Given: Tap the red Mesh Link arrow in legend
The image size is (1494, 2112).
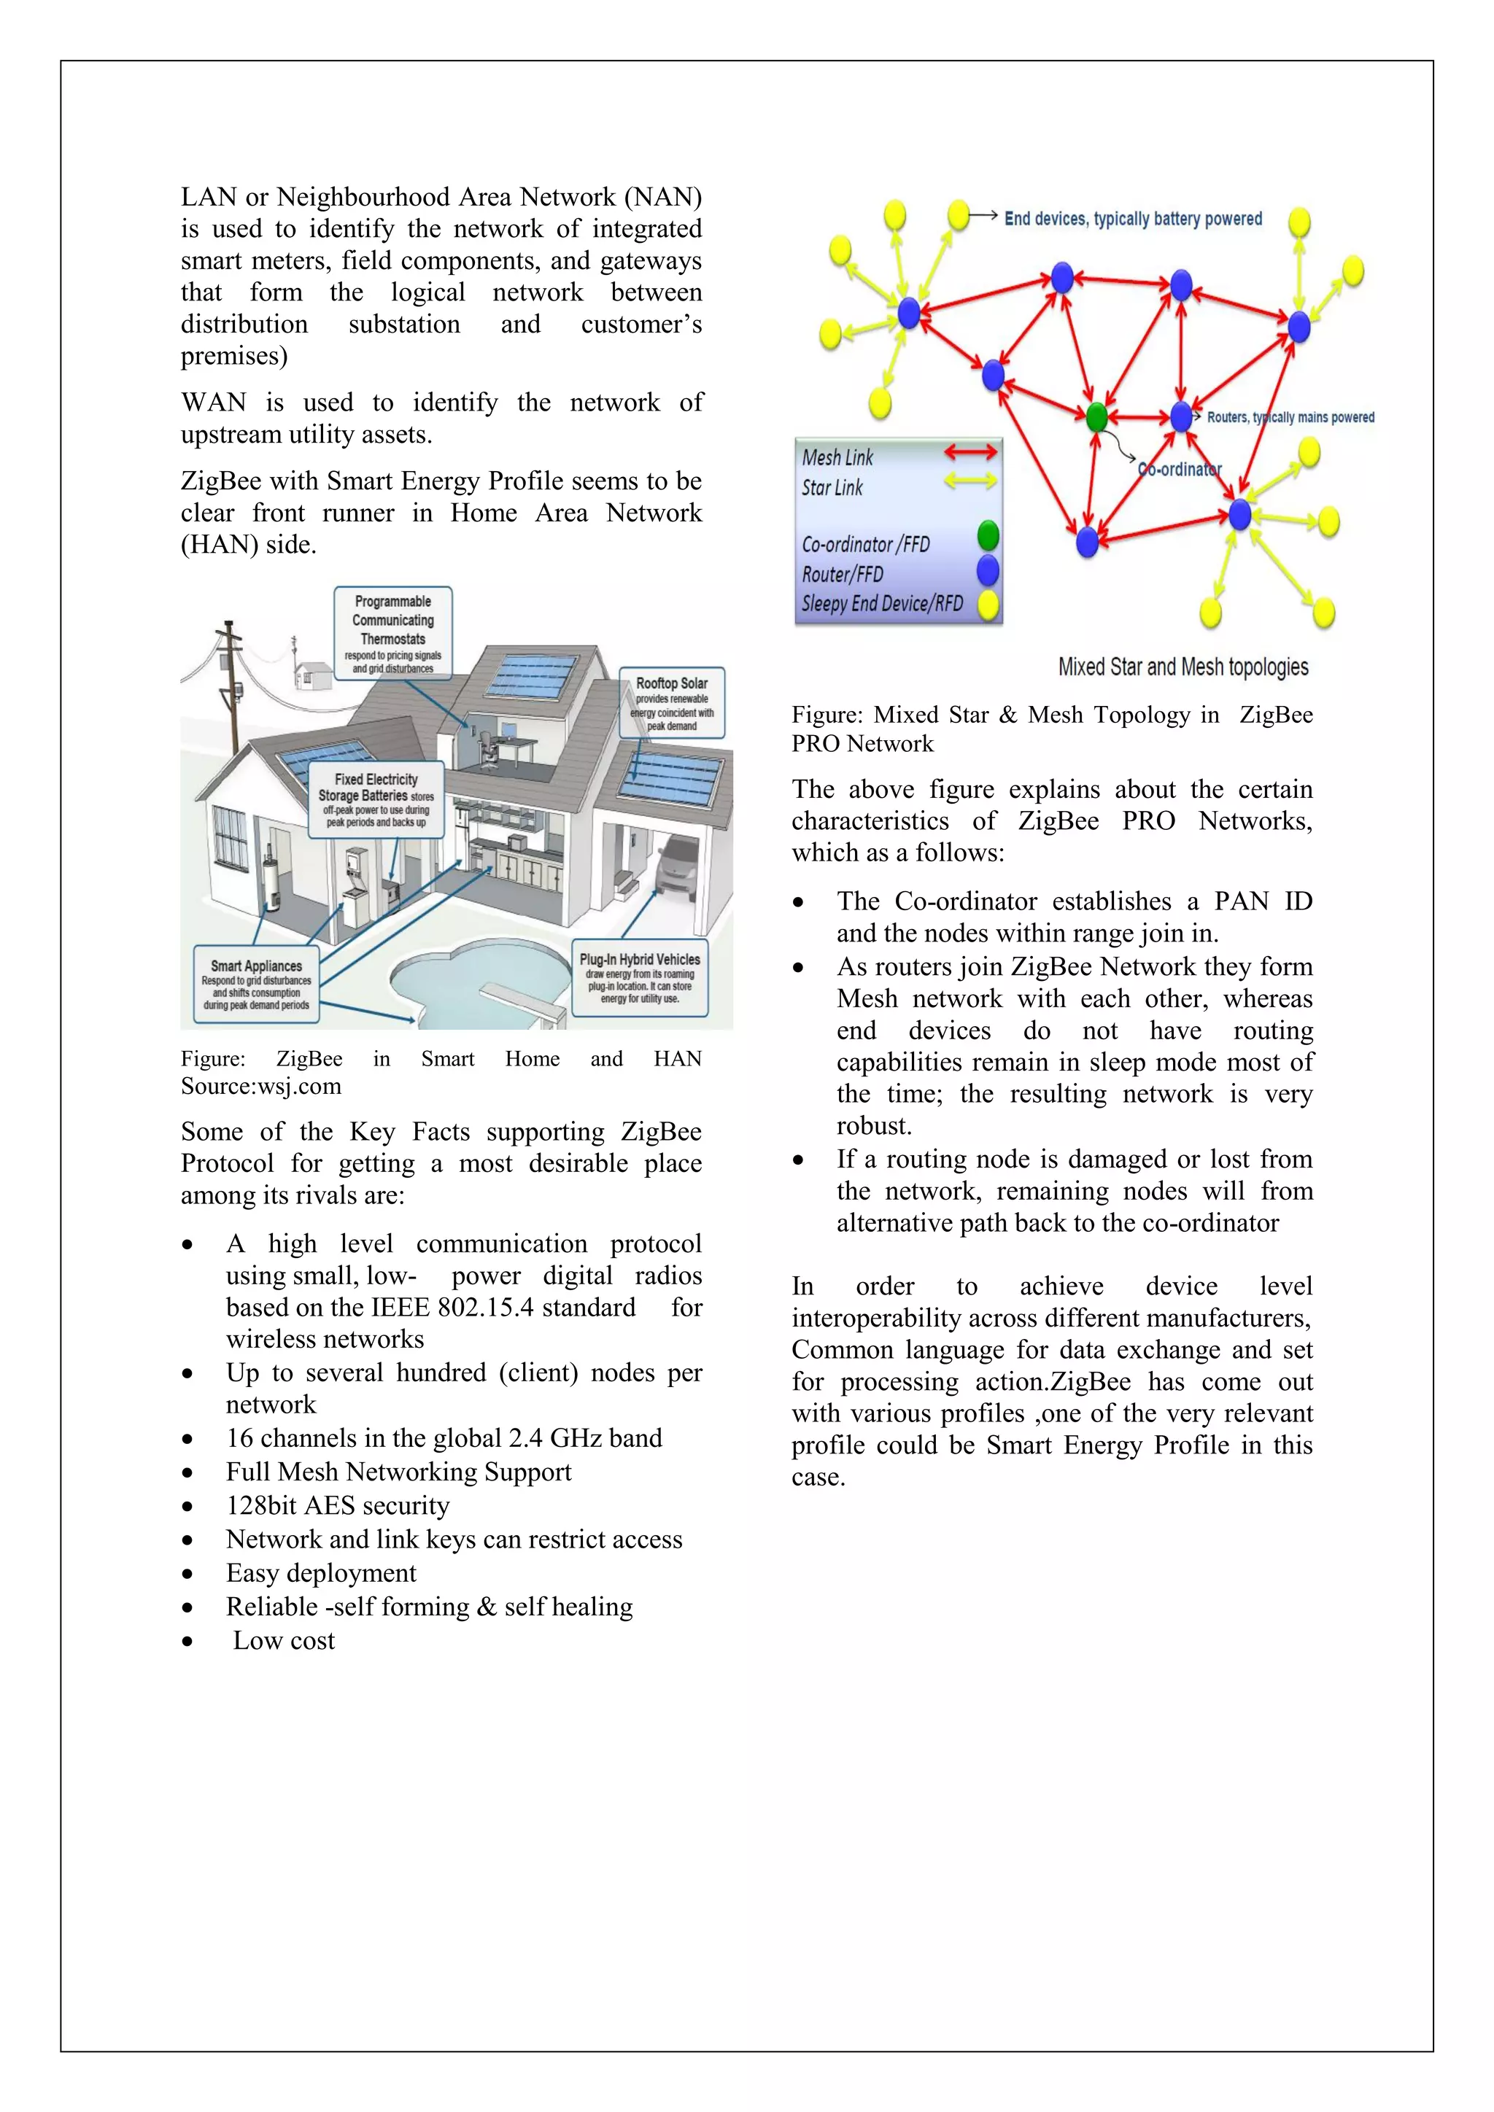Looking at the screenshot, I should point(970,451).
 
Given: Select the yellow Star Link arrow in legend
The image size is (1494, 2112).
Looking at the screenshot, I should point(970,480).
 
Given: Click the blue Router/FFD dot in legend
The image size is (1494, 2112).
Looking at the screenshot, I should point(988,570).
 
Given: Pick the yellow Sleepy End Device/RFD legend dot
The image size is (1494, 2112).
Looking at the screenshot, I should point(988,605).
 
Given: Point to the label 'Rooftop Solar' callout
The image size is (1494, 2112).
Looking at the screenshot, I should point(672,703).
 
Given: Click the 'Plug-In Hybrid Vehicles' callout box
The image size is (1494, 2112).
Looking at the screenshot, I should point(640,977).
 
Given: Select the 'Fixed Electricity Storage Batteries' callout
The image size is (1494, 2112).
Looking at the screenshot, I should point(376,799).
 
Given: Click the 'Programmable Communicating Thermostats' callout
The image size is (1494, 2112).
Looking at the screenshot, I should point(392,633).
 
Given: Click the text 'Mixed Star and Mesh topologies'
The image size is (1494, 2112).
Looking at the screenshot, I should point(1183,667).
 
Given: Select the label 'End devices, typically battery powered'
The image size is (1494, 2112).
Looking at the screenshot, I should point(1132,219).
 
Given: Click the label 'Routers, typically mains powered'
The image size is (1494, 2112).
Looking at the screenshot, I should point(1290,418).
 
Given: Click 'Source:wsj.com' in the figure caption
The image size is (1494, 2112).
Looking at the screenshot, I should point(261,1087).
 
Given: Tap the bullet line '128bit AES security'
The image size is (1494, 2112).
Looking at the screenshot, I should point(338,1506).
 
